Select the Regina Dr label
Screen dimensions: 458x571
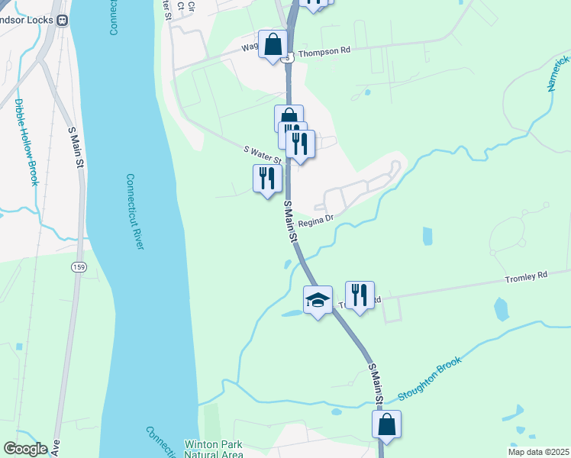316,222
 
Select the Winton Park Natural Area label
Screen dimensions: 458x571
214,449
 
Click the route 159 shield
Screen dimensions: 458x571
78,266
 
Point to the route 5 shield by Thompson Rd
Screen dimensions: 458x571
288,58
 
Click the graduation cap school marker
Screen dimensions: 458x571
318,298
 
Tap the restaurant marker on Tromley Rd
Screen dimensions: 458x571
360,294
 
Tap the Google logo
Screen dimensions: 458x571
26,449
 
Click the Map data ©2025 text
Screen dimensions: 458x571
537,451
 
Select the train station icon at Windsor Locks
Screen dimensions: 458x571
63,20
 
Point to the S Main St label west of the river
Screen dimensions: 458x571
75,150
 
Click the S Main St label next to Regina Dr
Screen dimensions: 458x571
291,222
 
